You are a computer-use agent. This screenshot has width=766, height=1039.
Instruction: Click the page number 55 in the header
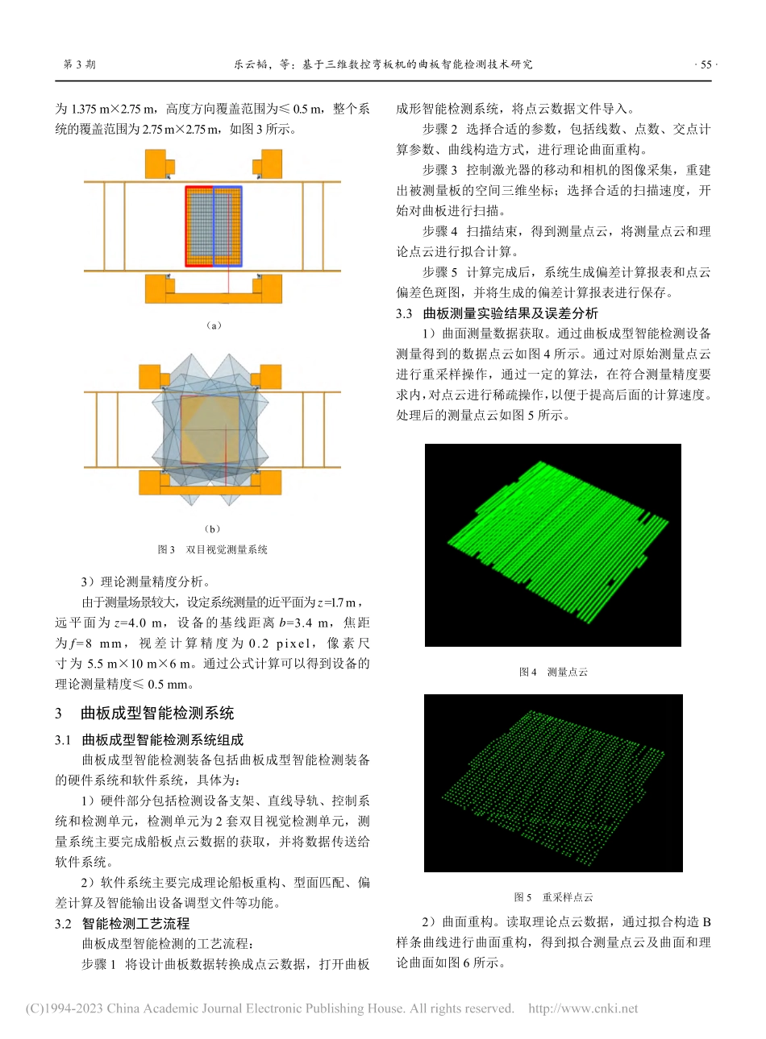(x=706, y=64)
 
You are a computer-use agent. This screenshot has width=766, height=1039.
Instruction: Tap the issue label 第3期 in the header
(x=79, y=64)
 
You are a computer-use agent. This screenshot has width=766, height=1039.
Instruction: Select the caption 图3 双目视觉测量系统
(x=213, y=549)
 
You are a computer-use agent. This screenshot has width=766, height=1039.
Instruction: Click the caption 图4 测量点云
(x=553, y=672)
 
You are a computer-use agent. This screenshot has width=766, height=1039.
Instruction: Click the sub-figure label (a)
(x=213, y=325)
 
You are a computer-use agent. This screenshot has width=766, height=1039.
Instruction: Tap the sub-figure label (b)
(x=213, y=529)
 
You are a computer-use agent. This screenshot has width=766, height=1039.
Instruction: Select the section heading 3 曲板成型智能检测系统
(x=145, y=713)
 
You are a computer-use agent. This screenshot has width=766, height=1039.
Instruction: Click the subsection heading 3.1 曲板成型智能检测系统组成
(x=149, y=739)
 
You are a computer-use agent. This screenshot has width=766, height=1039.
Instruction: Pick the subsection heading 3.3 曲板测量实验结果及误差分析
(x=497, y=313)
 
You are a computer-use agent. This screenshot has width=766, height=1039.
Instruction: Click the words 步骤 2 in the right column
(x=440, y=129)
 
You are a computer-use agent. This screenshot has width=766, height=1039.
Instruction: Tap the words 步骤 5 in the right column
(x=440, y=272)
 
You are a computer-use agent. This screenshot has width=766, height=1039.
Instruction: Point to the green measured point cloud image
(x=553, y=545)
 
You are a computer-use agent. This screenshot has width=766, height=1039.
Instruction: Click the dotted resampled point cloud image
(x=553, y=783)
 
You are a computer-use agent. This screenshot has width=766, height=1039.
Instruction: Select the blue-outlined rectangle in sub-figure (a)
(x=228, y=226)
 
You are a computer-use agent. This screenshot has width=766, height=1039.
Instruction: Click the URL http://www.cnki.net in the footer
(x=582, y=1008)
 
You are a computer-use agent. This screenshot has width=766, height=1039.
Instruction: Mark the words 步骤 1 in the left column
(x=99, y=964)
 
